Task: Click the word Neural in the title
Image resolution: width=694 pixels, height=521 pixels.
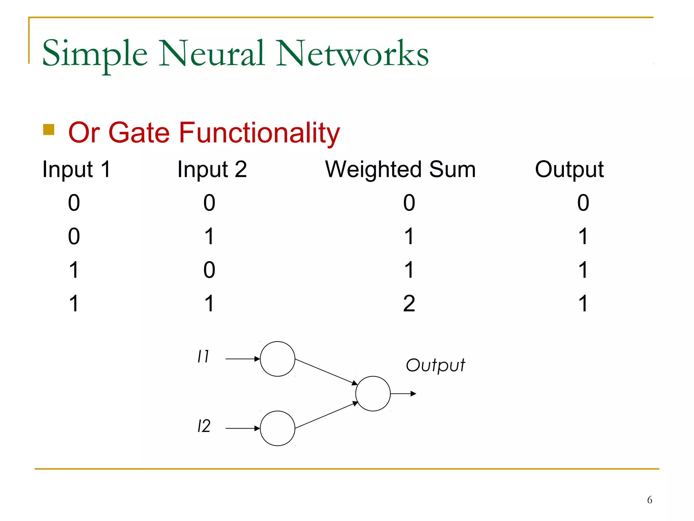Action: tap(211, 54)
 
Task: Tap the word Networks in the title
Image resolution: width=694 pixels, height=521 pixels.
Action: tap(352, 54)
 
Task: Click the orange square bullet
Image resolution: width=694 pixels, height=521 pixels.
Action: tap(49, 130)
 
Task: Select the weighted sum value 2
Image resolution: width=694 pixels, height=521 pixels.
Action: tap(409, 303)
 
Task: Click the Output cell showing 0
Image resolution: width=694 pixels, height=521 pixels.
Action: tap(583, 203)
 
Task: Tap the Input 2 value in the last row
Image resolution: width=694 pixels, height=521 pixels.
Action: tap(209, 303)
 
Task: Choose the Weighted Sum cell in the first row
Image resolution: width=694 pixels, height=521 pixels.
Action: tap(409, 203)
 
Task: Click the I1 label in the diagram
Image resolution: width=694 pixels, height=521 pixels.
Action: tap(203, 356)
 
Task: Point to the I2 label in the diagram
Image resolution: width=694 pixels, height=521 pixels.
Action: tap(204, 426)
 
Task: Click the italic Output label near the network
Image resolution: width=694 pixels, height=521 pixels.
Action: tap(435, 366)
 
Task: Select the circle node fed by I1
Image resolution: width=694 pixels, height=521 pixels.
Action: tap(278, 359)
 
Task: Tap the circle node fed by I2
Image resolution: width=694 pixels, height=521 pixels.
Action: tap(278, 428)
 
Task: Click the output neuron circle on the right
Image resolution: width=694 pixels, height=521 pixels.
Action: tap(373, 393)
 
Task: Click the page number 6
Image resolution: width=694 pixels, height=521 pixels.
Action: tap(649, 500)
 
